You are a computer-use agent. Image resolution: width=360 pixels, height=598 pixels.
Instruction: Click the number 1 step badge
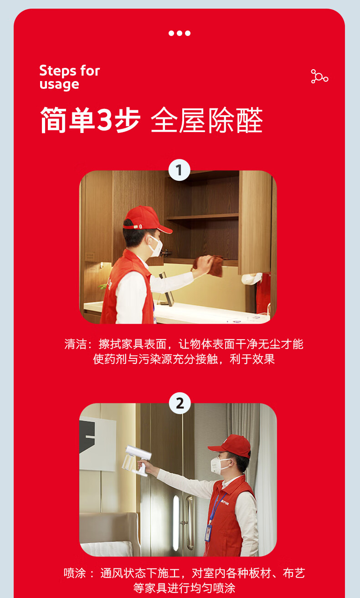coord(179,170)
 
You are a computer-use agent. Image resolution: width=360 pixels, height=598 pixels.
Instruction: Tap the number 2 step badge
coord(180,403)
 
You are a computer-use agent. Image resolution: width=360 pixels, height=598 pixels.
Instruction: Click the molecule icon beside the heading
coord(319,77)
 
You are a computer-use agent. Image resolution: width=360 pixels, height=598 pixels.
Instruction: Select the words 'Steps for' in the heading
coord(69,71)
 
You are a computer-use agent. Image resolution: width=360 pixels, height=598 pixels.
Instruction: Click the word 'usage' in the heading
coord(59,85)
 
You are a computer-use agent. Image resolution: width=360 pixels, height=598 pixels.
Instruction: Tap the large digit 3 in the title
coord(104,120)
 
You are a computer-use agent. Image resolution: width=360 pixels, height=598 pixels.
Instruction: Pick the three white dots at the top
coord(180,33)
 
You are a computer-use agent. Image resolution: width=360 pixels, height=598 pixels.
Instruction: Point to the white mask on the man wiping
coord(155,246)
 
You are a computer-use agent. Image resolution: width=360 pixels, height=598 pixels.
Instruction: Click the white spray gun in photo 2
coord(137,460)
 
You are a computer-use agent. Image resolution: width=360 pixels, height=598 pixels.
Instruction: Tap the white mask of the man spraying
coord(218,466)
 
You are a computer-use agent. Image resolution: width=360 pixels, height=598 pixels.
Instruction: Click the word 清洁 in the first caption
coord(75,344)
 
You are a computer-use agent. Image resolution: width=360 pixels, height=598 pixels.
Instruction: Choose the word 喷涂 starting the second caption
coord(75,573)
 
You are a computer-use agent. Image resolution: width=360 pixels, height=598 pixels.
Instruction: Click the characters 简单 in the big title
coord(67,120)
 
